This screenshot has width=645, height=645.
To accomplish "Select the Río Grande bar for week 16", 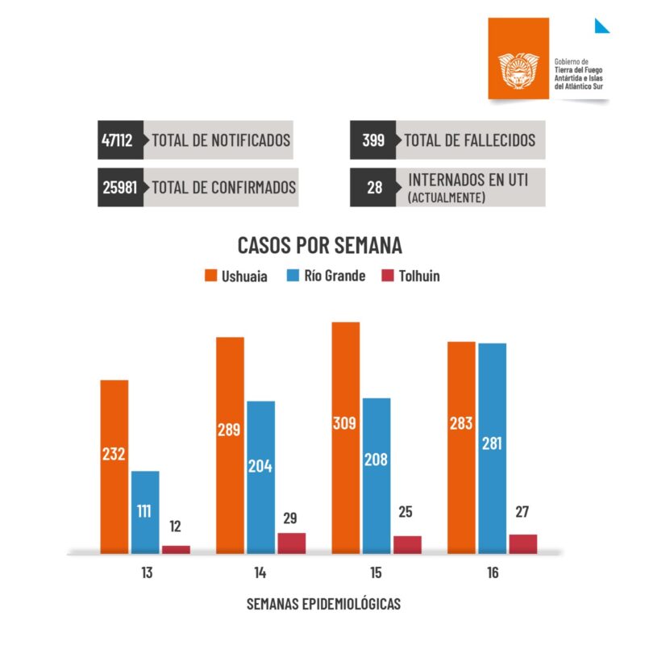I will coord(492,447).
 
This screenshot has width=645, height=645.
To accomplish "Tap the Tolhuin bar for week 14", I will coord(291,543).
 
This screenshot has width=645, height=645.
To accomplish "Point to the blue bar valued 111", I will coord(145,512).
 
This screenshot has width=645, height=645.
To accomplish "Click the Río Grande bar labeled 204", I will coord(260,476).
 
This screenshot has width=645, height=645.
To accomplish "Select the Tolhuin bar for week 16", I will coord(522,543).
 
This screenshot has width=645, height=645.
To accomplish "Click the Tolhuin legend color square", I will coord(386,276).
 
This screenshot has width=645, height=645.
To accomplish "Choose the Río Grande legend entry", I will coord(326,276).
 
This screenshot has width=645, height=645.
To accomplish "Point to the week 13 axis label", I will coord(145,573).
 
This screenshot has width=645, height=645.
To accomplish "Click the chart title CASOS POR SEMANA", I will coord(319,245).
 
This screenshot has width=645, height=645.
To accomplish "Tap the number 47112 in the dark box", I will coord(118,139).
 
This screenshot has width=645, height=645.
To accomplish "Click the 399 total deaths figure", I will coord(373,139).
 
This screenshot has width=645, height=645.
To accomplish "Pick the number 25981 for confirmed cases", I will coord(120,187).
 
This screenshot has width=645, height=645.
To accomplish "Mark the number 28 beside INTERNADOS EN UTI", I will coord(373,187).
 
